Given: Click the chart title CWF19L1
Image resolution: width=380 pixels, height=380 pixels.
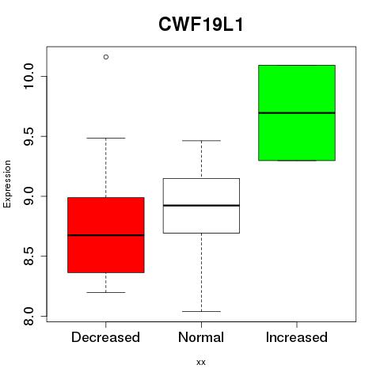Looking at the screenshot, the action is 200,25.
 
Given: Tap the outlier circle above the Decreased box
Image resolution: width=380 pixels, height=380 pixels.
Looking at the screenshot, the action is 106,57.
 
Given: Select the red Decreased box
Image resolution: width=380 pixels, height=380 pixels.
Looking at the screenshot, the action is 106,235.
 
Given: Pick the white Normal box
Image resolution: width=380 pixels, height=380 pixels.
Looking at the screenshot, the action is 201,206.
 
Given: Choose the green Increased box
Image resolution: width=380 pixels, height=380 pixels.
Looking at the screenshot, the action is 297,112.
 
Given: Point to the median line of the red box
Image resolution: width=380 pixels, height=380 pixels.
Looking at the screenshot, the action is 106,235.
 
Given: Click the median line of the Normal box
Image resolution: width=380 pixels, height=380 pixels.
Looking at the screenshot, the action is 201,205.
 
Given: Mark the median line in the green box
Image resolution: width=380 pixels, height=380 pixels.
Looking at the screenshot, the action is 297,113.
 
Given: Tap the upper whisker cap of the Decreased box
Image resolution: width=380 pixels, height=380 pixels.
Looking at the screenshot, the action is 106,138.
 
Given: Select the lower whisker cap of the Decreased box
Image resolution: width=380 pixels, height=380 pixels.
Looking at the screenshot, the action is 106,292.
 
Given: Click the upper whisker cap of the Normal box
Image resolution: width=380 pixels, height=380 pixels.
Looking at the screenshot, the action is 201,141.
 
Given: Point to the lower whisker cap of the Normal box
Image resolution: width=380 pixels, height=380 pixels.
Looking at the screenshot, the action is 201,311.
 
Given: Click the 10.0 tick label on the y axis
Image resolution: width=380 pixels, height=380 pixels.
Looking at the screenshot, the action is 28,77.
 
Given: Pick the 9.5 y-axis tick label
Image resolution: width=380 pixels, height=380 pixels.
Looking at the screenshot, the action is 28,136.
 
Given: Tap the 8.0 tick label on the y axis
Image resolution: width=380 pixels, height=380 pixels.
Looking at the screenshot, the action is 28,316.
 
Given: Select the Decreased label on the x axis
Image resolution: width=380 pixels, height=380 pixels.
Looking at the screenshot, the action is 105,337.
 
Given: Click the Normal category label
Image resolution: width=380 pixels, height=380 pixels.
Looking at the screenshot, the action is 201,337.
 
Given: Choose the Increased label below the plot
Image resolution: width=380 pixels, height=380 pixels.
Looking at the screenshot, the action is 297,337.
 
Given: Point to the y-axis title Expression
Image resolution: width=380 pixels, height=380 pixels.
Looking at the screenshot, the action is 7,184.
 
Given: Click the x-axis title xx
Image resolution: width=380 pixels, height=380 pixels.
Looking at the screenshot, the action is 201,363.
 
